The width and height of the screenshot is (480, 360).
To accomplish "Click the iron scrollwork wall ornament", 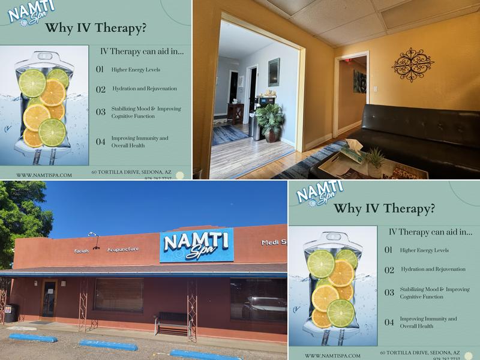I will [x=413, y=64].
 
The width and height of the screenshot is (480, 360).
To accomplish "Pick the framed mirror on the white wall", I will [x=274, y=73].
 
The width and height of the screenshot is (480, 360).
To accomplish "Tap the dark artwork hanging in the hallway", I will [x=359, y=82].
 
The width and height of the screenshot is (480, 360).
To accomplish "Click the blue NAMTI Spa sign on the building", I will [x=196, y=245].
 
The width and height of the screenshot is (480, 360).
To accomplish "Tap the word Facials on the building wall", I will [x=82, y=250].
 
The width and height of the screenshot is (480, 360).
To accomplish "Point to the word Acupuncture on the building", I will [x=122, y=249].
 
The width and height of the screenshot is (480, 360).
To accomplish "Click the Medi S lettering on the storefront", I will [x=274, y=242].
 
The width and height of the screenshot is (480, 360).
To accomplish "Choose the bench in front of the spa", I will [x=173, y=324].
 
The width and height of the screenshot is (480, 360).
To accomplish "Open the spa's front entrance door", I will [x=49, y=299].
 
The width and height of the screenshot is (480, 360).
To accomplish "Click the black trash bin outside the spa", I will [x=10, y=313].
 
